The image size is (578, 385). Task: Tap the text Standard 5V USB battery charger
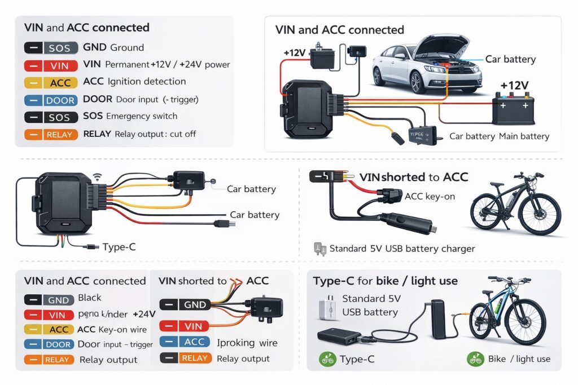click(x=402, y=249)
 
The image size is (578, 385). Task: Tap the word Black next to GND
click(x=90, y=298)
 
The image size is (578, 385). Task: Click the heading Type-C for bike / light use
click(x=386, y=281)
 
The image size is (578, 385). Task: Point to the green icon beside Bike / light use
click(x=475, y=359)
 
